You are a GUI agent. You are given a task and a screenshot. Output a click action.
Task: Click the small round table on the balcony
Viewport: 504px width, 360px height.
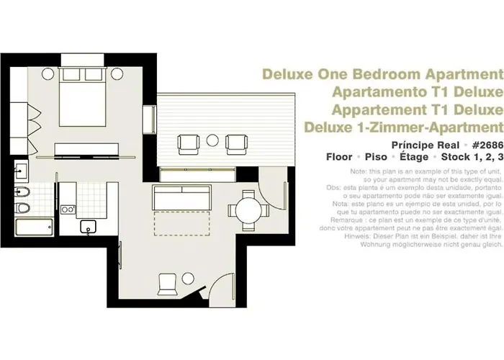click(214, 140)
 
